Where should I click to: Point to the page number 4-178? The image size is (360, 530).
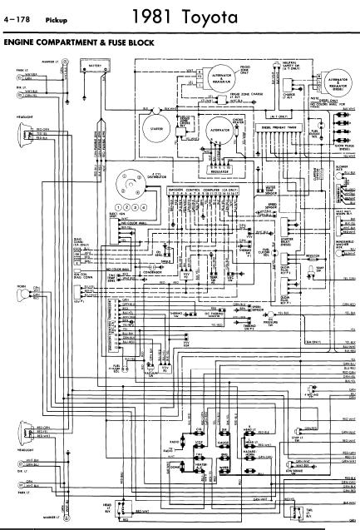click(15, 17)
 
